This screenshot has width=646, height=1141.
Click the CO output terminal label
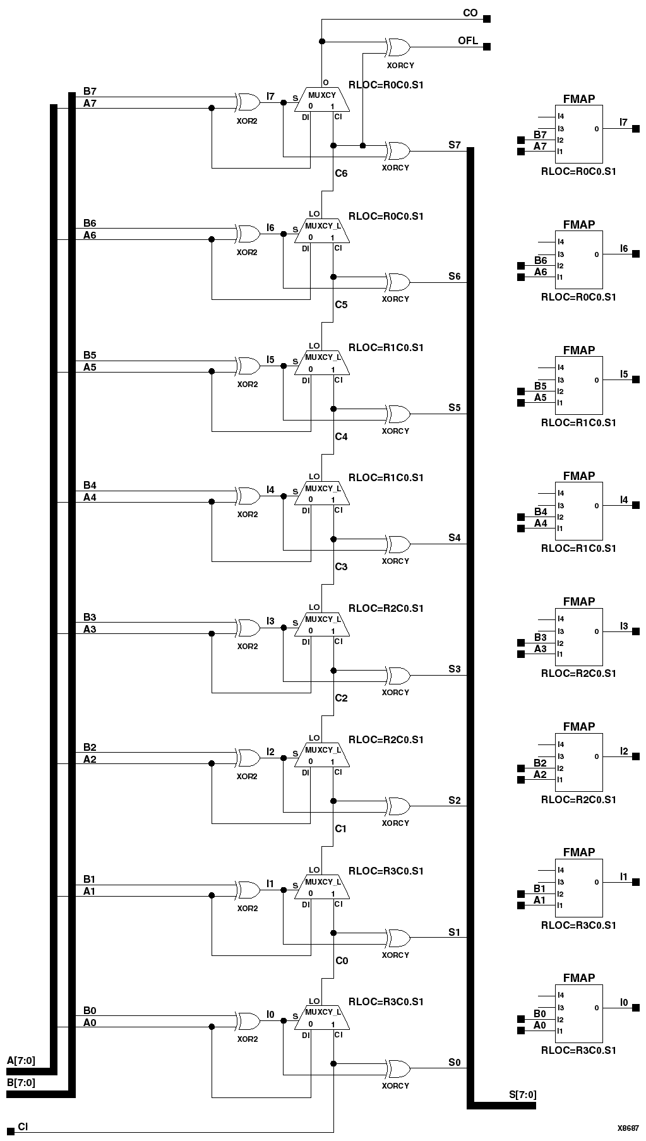tap(470, 13)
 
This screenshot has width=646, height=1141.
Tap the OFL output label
tap(468, 40)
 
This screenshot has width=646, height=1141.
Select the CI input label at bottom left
tap(23, 1126)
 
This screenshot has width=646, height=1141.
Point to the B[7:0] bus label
tap(21, 1082)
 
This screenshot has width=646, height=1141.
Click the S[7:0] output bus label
tap(522, 1094)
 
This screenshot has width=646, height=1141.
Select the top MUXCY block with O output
tap(321, 100)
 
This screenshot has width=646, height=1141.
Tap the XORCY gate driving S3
tap(398, 676)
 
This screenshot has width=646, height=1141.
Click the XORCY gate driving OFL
tap(398, 47)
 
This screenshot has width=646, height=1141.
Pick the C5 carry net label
tap(341, 304)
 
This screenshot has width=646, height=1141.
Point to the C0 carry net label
tap(341, 960)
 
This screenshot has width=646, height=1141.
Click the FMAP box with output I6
tap(579, 260)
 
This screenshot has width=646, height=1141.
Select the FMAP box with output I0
tap(579, 1013)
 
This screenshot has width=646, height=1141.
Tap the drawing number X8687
tap(628, 1127)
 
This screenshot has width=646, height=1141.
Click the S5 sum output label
tap(455, 407)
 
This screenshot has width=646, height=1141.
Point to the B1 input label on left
tap(89, 879)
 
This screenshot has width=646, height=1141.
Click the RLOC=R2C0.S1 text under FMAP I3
tap(578, 673)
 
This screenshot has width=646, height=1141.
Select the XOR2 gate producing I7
tap(248, 102)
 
